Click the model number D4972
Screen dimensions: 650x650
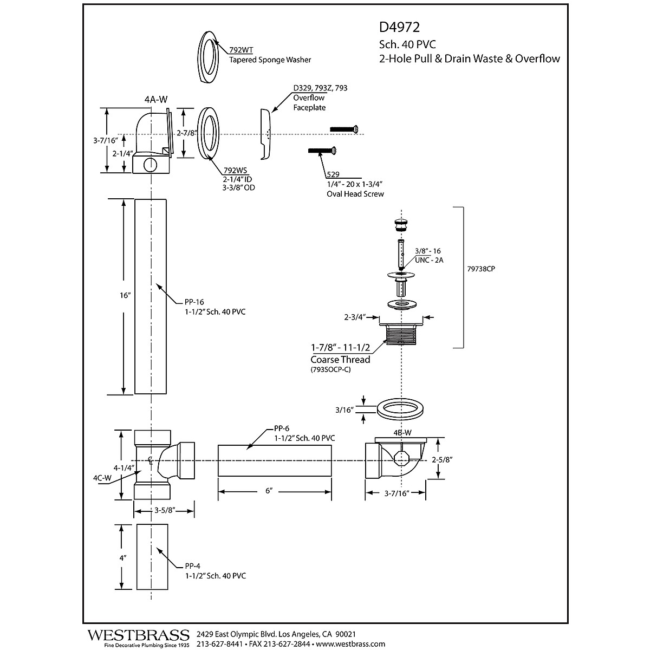point(399,27)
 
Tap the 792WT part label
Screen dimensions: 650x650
point(241,50)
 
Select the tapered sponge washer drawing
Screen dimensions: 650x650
point(208,57)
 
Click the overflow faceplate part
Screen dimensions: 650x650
point(265,134)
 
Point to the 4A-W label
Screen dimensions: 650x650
point(156,100)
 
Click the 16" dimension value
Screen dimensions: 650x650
point(125,295)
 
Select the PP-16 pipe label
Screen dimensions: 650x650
point(194,302)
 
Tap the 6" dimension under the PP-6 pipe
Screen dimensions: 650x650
point(269,491)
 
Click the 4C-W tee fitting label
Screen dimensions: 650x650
point(102,478)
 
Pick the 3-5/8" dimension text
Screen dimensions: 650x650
point(165,511)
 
